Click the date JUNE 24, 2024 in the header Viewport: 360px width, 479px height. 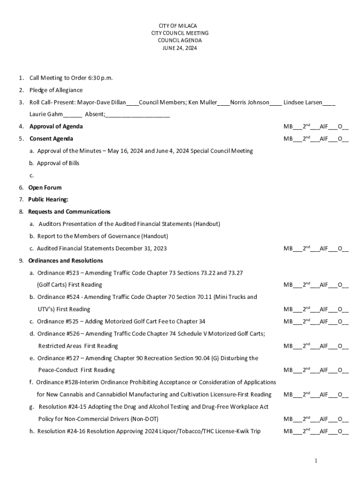[x=180, y=48]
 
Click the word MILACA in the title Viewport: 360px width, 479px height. [x=188, y=26]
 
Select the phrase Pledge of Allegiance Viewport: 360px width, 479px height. [x=56, y=90]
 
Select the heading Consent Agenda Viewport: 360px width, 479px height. [x=51, y=138]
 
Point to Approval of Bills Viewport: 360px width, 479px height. [x=58, y=163]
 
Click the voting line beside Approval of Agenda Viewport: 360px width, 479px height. [x=316, y=126]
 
